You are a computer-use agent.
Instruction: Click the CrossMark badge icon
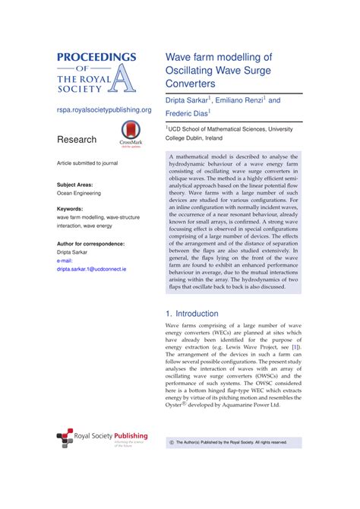click(x=131, y=134)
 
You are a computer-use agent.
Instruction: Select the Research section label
click(x=77, y=140)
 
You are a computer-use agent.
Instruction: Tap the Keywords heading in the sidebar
click(x=70, y=208)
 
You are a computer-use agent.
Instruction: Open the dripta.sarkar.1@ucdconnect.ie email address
click(x=92, y=269)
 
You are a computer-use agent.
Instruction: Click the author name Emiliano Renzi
click(x=238, y=100)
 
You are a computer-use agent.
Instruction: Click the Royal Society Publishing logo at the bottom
click(x=102, y=441)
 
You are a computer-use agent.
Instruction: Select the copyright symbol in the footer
click(x=171, y=441)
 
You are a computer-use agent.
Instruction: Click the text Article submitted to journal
click(x=87, y=163)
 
